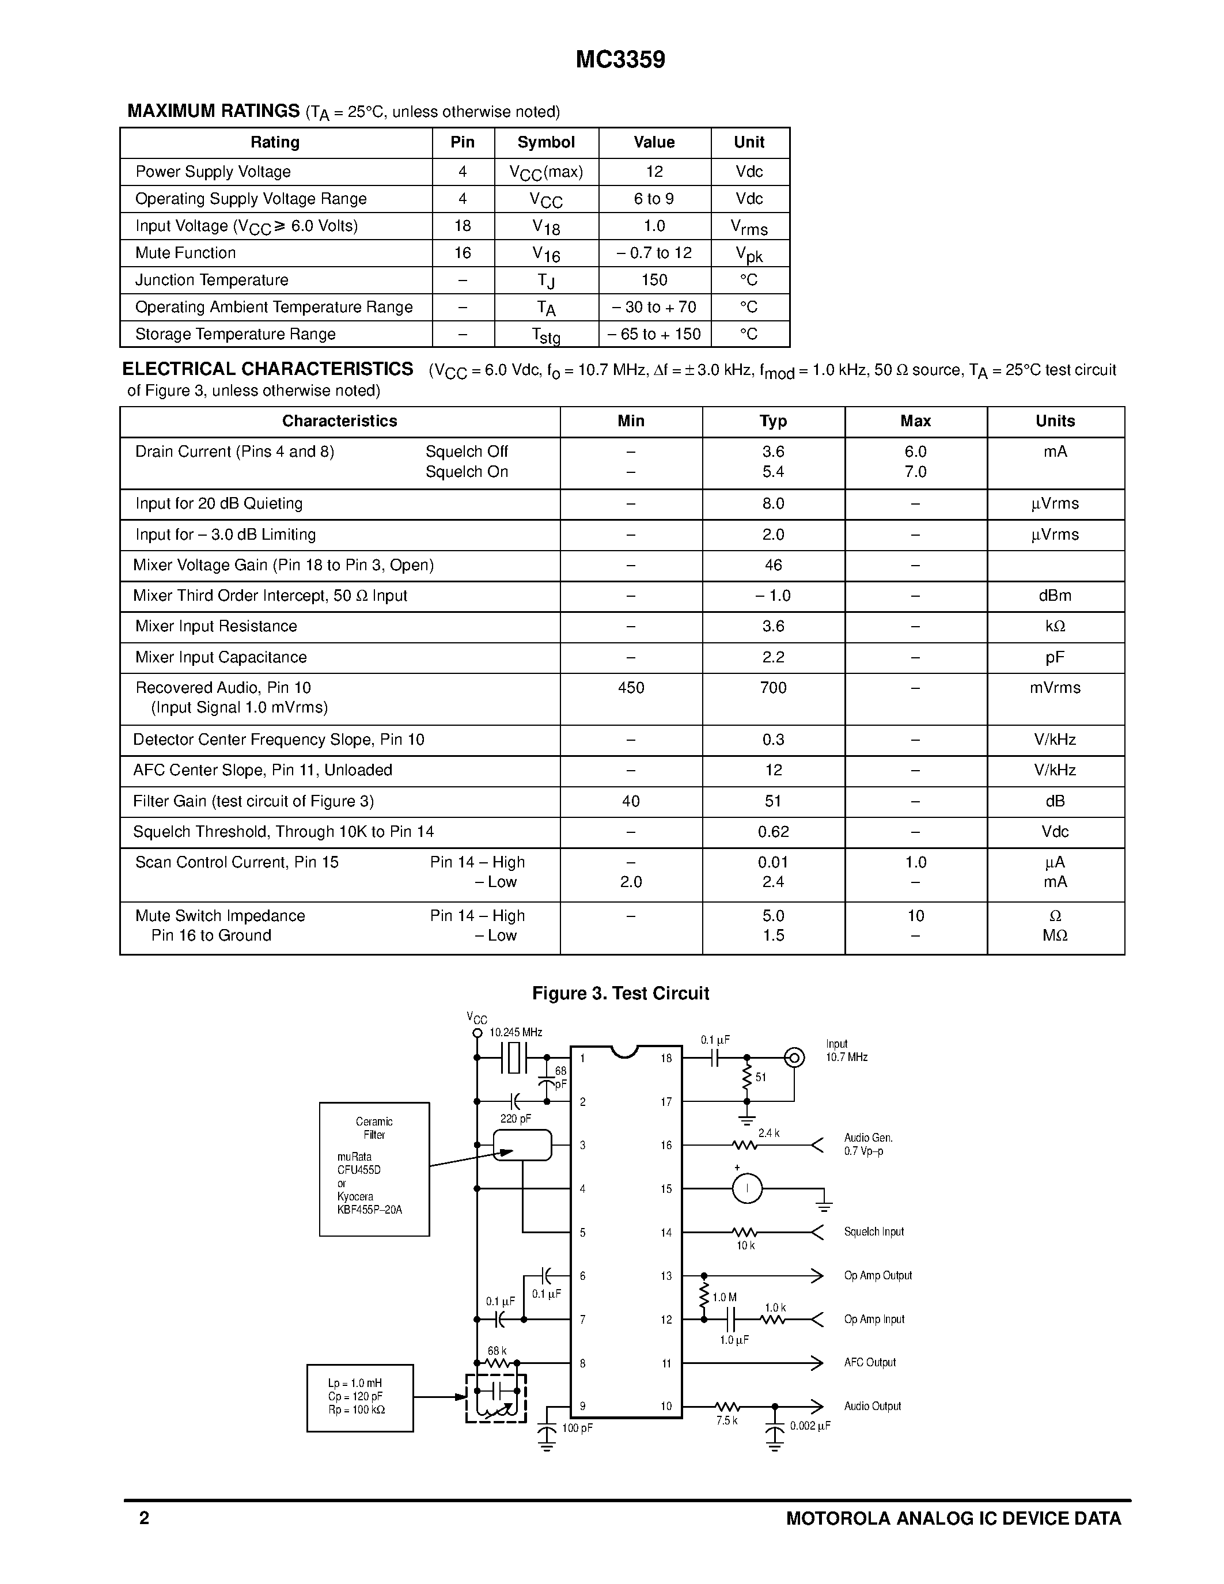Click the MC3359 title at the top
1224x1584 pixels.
coord(620,59)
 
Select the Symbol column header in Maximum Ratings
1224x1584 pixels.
coord(546,142)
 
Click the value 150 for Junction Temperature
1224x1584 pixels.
coord(654,280)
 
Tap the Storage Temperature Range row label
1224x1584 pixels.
coord(235,334)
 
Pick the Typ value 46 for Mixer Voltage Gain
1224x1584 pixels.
coord(773,565)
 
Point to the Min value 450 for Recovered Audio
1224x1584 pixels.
coord(631,688)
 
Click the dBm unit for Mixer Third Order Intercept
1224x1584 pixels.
coord(1054,596)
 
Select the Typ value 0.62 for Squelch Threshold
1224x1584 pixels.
coord(773,832)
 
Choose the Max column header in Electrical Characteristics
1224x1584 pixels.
coord(915,422)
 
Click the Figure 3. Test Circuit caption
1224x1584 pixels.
coord(620,994)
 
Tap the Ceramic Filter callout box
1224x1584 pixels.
coord(374,1169)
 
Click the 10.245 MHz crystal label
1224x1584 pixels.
coord(516,1032)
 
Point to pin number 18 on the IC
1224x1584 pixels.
coord(666,1058)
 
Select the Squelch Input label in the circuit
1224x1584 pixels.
coord(874,1231)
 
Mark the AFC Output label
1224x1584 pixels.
coord(869,1362)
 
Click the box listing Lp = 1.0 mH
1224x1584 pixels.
coord(359,1397)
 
